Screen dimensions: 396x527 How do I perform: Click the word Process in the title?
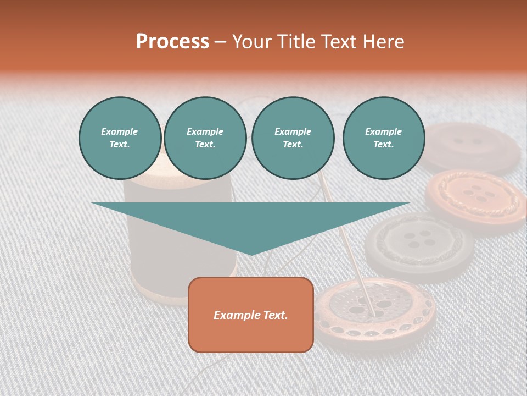(172, 42)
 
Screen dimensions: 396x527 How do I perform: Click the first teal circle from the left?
(120, 138)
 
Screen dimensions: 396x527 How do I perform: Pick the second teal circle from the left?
(205, 138)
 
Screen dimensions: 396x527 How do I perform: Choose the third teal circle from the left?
(293, 138)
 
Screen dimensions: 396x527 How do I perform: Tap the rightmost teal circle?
(384, 138)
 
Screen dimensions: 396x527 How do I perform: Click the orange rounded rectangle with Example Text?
(251, 315)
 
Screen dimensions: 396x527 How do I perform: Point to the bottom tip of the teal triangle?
(251, 255)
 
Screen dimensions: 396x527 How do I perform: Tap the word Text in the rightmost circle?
(384, 145)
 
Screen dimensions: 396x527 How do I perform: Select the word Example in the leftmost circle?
(120, 131)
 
